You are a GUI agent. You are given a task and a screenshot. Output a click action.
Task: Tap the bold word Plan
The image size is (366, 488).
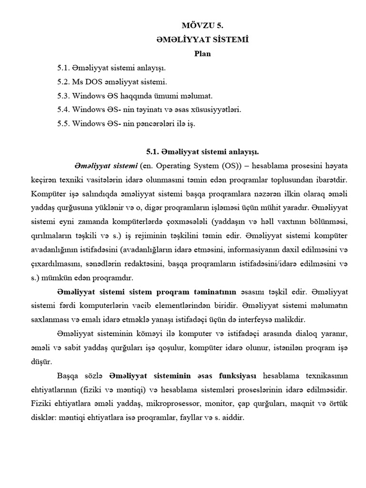click(202, 54)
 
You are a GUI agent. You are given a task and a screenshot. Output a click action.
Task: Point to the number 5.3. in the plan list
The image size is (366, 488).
click(63, 96)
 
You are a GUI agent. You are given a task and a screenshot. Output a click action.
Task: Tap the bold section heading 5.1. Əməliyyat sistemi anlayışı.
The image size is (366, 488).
click(202, 152)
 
